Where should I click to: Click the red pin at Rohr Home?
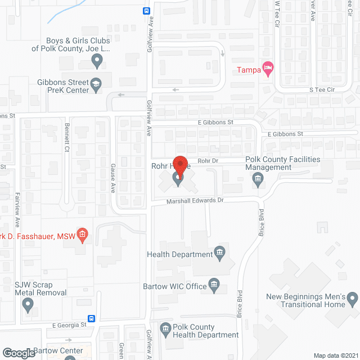pos(180,165)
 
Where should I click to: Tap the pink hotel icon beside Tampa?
pos(269,69)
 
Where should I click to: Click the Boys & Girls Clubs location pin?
pos(97,60)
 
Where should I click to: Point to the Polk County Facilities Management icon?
pos(258,179)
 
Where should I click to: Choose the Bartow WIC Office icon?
pos(214,286)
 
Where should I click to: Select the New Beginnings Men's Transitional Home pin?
pos(352,298)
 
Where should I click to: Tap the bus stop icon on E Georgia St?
pos(92,318)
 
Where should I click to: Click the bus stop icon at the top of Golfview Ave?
pos(146,10)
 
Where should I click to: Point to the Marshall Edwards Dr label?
pos(195,201)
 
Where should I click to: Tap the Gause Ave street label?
pos(112,178)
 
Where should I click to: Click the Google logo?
pos(18,353)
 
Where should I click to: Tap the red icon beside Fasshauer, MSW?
pos(82,234)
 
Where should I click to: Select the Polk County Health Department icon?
pos(165,328)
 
